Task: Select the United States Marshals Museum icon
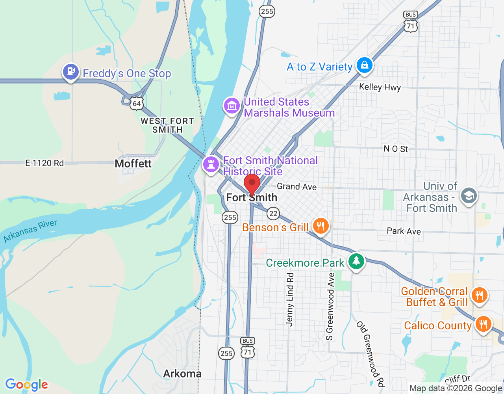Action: pyautogui.click(x=232, y=106)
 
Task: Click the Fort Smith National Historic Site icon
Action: pyautogui.click(x=211, y=164)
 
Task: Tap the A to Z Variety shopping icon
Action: pyautogui.click(x=364, y=65)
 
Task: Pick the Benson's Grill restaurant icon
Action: pyautogui.click(x=321, y=226)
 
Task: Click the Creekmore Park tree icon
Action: pyautogui.click(x=356, y=261)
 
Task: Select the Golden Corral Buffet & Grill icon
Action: pyautogui.click(x=479, y=295)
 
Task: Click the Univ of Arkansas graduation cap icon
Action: pyautogui.click(x=469, y=195)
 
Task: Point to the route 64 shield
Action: pyautogui.click(x=137, y=104)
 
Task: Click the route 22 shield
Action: pyautogui.click(x=273, y=214)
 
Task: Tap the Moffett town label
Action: pyautogui.click(x=133, y=164)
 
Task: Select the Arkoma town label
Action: pyautogui.click(x=182, y=374)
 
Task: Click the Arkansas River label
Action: pyautogui.click(x=30, y=231)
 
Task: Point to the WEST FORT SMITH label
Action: pyautogui.click(x=168, y=125)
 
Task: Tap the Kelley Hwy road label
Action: pyautogui.click(x=380, y=87)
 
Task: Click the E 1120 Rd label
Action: pyautogui.click(x=44, y=163)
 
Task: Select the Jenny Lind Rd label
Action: pyautogui.click(x=290, y=299)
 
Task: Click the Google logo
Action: pyautogui.click(x=26, y=385)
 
